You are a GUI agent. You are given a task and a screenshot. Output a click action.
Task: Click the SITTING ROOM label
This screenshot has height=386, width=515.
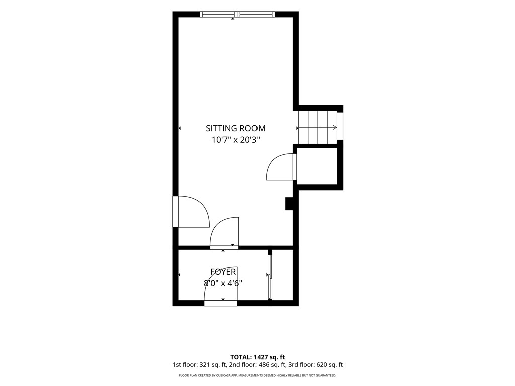235,128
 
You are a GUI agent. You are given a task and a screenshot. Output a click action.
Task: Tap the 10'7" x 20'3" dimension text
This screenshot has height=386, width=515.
235,140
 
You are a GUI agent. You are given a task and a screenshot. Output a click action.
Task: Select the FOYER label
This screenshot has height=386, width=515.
223,272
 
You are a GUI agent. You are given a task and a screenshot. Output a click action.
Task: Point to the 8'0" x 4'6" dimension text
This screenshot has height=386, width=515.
223,283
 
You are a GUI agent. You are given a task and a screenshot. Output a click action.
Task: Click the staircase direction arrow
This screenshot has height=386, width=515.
317,127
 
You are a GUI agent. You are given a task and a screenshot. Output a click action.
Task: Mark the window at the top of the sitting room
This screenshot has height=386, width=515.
237,14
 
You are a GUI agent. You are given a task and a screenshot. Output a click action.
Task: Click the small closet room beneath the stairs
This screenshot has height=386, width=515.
317,166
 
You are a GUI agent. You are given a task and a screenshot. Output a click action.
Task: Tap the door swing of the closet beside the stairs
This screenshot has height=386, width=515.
279,167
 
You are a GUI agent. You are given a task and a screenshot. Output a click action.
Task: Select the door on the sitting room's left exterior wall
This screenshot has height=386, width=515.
191,212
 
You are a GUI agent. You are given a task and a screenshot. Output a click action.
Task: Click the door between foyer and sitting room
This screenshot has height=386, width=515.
224,233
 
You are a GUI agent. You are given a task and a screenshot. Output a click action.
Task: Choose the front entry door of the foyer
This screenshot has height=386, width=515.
220,286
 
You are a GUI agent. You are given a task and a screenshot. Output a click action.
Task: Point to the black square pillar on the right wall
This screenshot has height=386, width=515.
289,203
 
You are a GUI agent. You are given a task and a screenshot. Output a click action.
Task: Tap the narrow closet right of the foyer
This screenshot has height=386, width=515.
282,275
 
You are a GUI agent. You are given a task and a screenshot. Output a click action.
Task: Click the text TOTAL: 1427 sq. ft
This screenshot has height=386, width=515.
257,357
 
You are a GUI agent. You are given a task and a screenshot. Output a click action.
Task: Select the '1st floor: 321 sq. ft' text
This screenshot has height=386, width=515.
199,365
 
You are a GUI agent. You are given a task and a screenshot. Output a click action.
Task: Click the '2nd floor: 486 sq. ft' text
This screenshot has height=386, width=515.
257,365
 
